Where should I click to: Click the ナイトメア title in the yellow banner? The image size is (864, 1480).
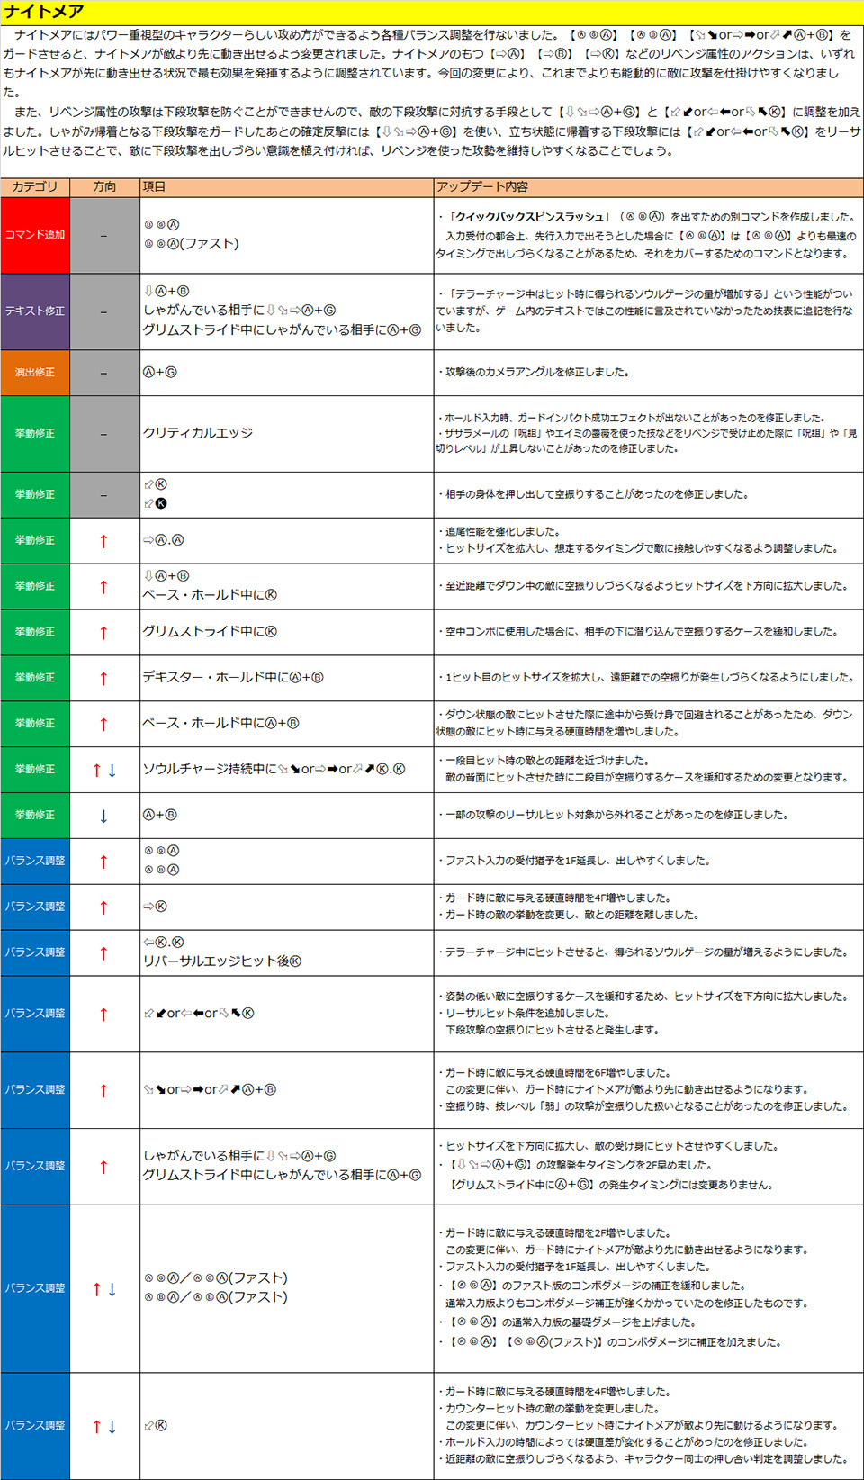(x=43, y=12)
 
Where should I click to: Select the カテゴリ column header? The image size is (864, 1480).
(x=34, y=186)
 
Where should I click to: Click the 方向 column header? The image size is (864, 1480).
(x=104, y=186)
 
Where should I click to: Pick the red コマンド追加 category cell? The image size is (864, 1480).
(x=34, y=235)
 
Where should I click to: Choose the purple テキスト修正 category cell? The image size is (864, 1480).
(x=34, y=311)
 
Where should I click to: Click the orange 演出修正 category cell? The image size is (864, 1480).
(x=34, y=372)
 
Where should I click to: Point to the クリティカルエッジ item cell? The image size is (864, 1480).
(x=198, y=433)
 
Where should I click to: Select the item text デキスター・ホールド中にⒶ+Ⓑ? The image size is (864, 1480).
(x=233, y=677)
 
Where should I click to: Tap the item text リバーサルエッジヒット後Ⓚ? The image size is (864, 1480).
(x=222, y=961)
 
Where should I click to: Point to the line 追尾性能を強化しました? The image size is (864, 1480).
(x=502, y=531)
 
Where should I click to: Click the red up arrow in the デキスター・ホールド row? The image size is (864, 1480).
(x=103, y=678)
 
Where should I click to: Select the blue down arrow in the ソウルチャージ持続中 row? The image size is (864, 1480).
(x=112, y=770)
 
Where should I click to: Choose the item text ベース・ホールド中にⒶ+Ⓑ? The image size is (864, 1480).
(x=220, y=723)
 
